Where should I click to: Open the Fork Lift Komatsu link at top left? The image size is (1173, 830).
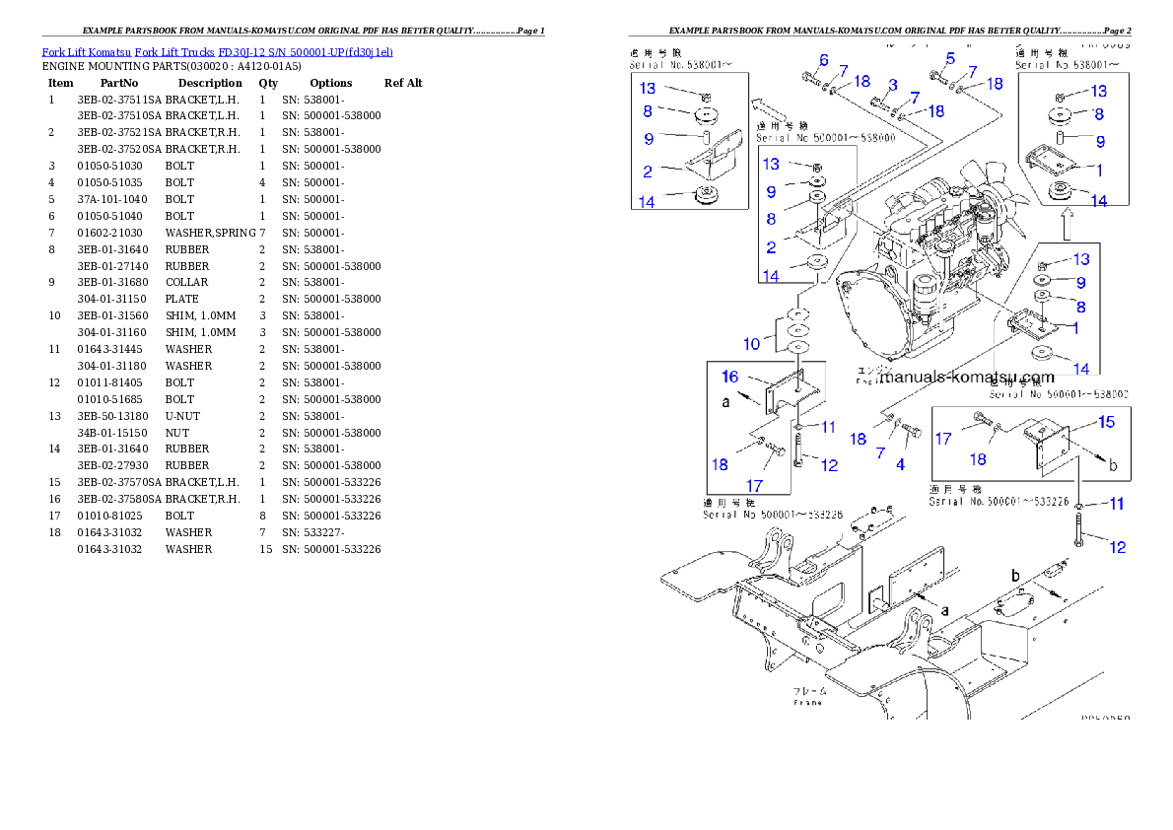click(217, 51)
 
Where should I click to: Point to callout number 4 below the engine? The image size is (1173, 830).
click(900, 463)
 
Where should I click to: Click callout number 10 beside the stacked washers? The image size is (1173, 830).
click(752, 344)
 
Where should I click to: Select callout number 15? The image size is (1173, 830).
click(1107, 422)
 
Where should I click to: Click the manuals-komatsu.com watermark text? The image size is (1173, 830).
click(966, 377)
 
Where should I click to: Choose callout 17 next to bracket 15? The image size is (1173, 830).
click(943, 438)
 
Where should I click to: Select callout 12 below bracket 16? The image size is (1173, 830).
click(830, 464)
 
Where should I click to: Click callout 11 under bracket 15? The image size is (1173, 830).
click(1116, 504)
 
